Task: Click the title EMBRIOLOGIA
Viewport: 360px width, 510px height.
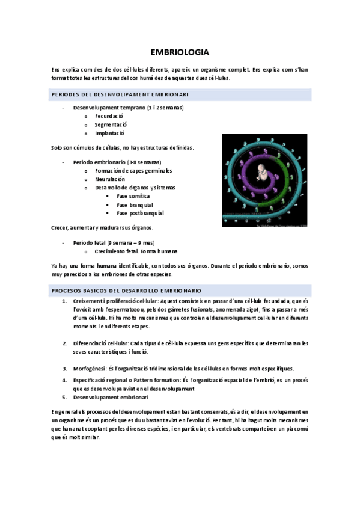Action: point(180,52)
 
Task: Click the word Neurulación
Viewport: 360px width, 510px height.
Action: point(110,179)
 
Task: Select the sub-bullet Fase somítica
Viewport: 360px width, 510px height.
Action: point(133,196)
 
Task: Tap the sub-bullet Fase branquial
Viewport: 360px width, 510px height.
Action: point(135,204)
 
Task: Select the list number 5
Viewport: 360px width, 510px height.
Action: point(64,397)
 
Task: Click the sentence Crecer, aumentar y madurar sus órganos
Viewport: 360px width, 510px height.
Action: point(103,227)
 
